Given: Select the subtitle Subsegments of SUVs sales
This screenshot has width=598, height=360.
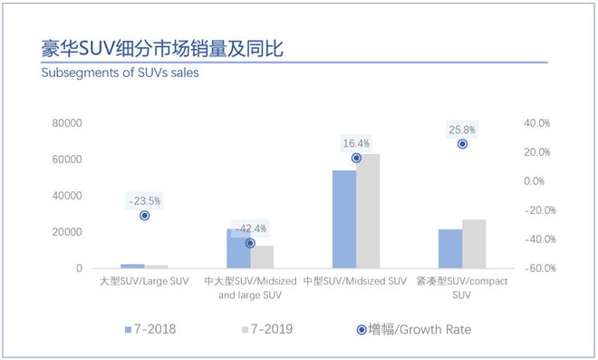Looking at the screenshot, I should click(120, 73).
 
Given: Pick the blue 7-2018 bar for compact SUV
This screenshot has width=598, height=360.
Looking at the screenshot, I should click(450, 248).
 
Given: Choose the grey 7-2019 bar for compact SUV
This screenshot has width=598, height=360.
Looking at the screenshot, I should click(474, 244).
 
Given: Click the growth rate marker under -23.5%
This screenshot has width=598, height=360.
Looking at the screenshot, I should click(144, 216).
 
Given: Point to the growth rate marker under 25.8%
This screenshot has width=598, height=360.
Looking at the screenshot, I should click(462, 144).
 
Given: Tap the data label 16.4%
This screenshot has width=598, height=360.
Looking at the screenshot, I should click(356, 143).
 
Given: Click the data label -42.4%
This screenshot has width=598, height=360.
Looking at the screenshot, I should click(250, 229).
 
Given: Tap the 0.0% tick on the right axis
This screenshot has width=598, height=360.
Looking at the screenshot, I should click(539, 181).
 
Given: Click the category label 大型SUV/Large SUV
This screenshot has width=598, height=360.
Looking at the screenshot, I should click(144, 282).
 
